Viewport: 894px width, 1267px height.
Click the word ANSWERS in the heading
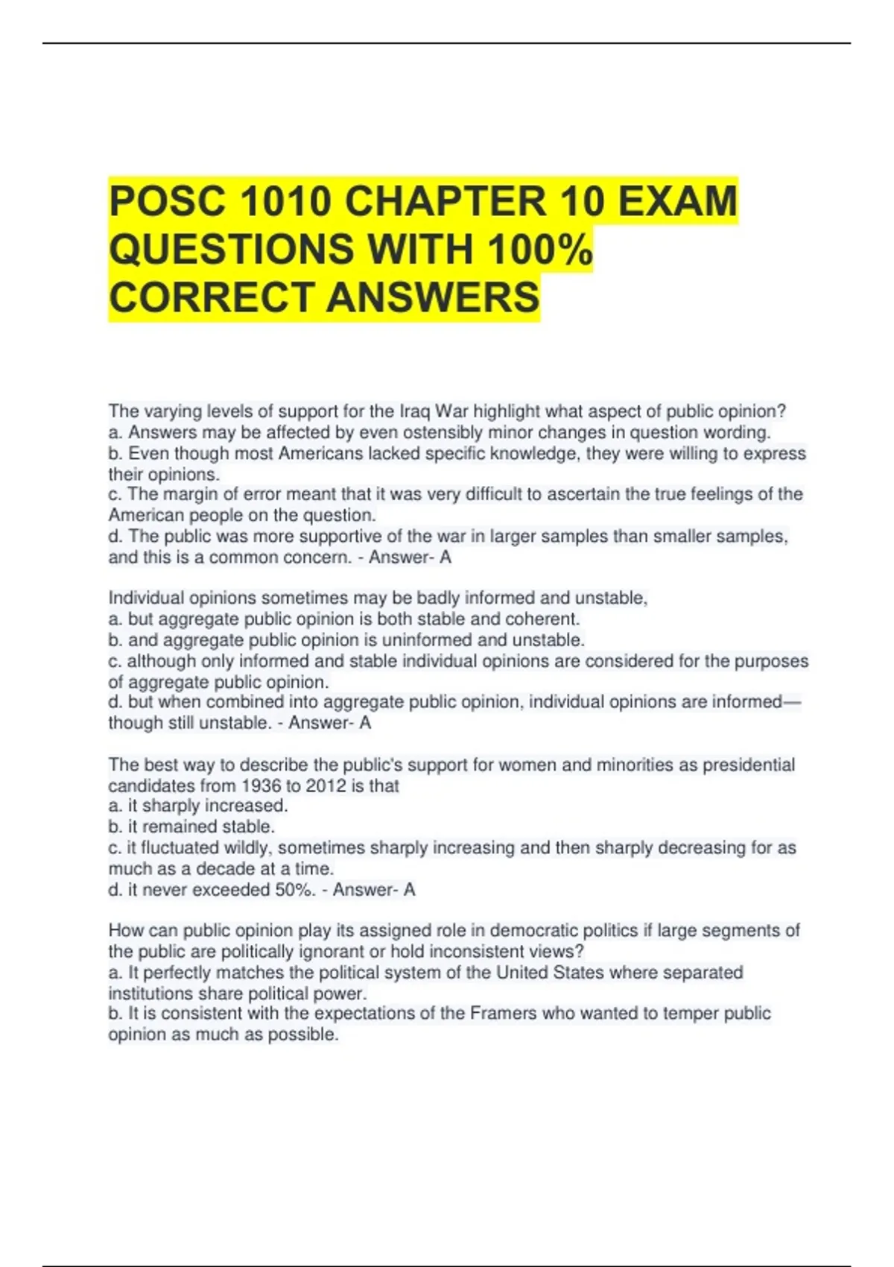[x=433, y=297]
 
